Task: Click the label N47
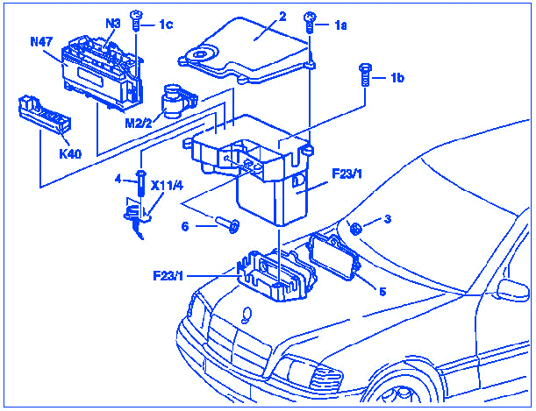point(41,41)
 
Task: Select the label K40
point(70,153)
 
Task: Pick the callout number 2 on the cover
point(282,16)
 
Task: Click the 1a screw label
point(341,26)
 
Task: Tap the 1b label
point(397,79)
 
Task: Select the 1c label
point(166,24)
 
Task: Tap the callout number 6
point(184,225)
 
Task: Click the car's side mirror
point(509,290)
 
